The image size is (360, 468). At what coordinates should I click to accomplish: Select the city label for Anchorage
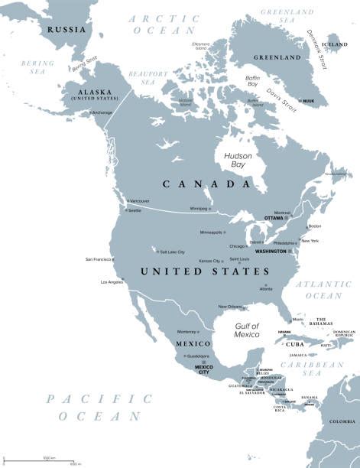tap(102, 112)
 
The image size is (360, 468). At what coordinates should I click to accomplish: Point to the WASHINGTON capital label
tap(271, 251)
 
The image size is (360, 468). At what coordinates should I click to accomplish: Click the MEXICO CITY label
tap(204, 370)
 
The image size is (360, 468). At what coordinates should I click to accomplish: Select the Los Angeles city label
tap(112, 282)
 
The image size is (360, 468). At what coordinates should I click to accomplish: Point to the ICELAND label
tap(336, 44)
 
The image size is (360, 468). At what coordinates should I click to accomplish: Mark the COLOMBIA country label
tap(342, 421)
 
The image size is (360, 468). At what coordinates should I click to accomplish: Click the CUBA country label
tap(295, 343)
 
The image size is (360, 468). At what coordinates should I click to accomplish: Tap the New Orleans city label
tap(231, 307)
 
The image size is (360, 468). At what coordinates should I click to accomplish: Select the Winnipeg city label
tap(198, 209)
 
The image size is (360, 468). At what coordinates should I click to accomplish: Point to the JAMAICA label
tap(298, 355)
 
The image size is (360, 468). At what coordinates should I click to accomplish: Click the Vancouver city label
tap(140, 200)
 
